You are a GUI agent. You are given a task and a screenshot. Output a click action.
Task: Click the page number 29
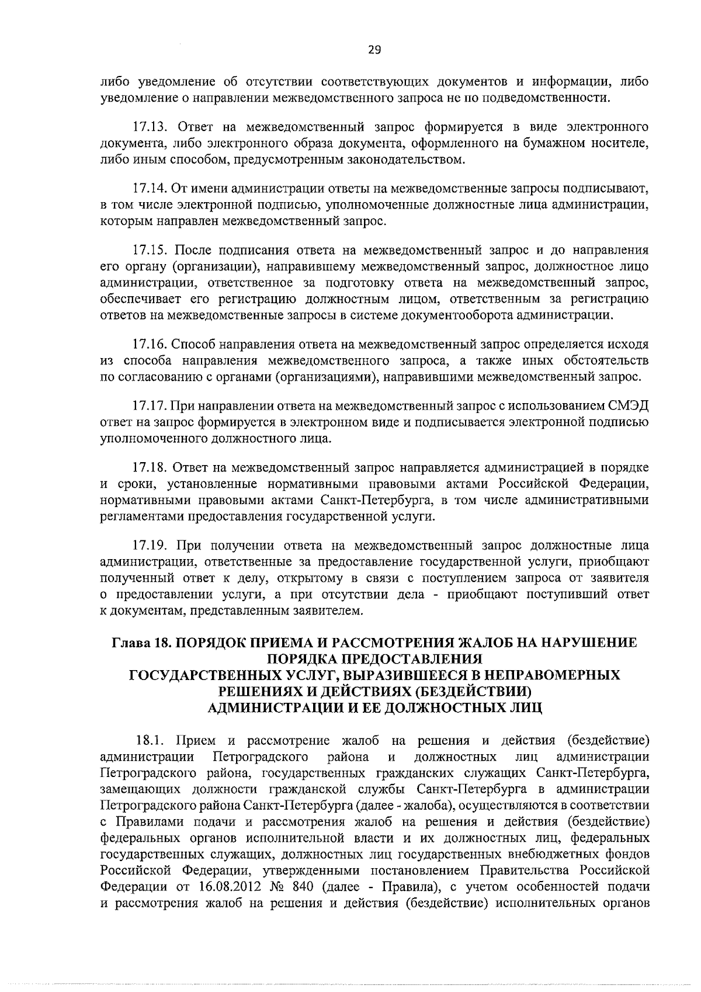pyautogui.click(x=374, y=50)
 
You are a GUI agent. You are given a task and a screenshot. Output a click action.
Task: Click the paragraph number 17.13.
pyautogui.click(x=151, y=127)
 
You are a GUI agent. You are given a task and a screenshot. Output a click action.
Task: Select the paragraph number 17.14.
pyautogui.click(x=151, y=189)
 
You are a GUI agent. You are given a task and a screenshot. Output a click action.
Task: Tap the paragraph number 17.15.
pyautogui.click(x=151, y=251)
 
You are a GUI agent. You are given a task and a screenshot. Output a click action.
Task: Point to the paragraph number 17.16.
pyautogui.click(x=151, y=344)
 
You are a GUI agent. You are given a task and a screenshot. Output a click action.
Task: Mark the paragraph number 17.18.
pyautogui.click(x=151, y=468)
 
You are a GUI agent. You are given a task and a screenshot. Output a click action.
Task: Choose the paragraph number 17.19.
pyautogui.click(x=151, y=546)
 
